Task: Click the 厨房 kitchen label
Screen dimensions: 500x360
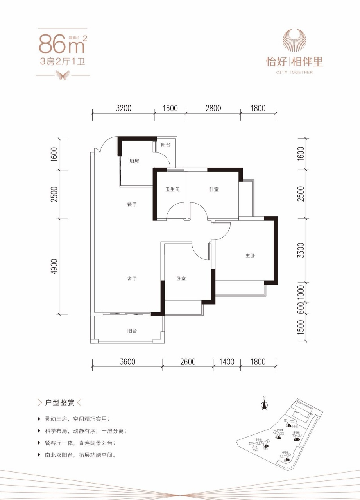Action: point(134,161)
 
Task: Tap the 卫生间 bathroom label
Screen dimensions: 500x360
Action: point(172,189)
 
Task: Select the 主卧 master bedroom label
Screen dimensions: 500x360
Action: point(250,256)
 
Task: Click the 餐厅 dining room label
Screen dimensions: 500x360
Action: point(132,204)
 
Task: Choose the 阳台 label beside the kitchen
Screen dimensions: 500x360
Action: point(166,145)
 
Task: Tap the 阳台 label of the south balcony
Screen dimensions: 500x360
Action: point(132,331)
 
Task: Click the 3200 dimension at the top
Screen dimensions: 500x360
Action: point(124,108)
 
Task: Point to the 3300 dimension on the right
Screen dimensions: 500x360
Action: point(300,251)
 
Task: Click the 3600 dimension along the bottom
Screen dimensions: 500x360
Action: point(127,362)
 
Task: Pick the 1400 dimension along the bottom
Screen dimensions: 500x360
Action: point(226,362)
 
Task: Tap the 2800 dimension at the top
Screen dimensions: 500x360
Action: point(213,108)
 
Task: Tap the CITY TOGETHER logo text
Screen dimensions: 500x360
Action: point(294,72)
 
